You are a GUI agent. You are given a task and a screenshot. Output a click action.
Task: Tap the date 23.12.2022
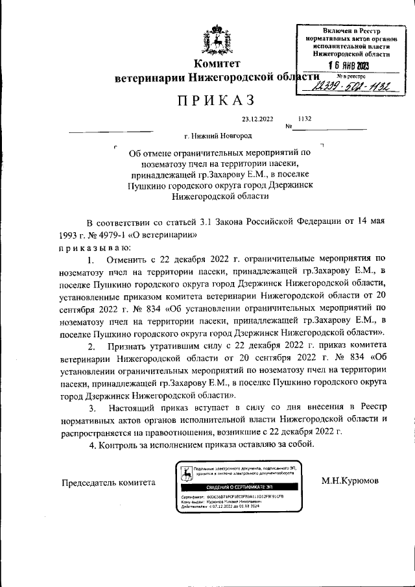click(x=258, y=119)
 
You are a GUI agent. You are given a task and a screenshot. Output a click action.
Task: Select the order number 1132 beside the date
click(x=305, y=119)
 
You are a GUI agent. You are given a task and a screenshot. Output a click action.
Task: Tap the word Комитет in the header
click(x=217, y=64)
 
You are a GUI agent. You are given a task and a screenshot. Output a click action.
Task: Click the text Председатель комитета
click(x=109, y=482)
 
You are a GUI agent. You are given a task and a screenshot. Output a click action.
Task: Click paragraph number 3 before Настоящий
click(x=93, y=407)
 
